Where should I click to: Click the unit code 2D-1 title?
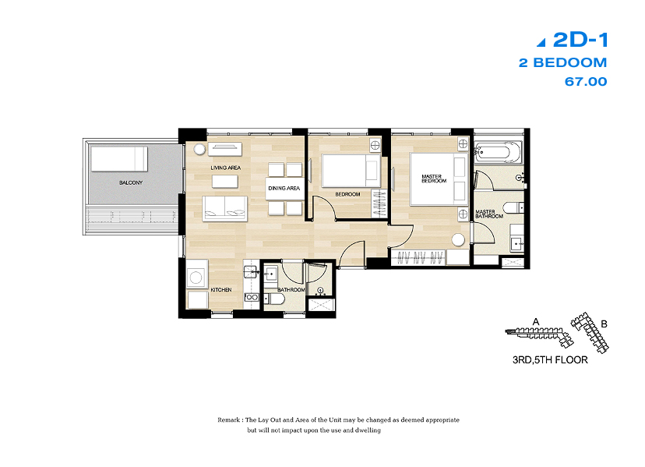(x=580, y=40)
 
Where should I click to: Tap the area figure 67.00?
(x=586, y=82)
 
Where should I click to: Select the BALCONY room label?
(x=131, y=182)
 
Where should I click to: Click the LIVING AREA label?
(x=225, y=168)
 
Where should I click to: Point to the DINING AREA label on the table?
(x=284, y=188)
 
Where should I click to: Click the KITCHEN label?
(x=221, y=289)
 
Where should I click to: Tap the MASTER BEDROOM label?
(x=434, y=179)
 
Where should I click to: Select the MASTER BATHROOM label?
(x=489, y=214)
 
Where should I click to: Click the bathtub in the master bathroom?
(x=498, y=152)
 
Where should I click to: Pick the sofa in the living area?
(x=224, y=208)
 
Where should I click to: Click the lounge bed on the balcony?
(x=119, y=158)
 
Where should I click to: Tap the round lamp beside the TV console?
(x=199, y=149)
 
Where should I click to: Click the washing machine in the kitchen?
(x=196, y=278)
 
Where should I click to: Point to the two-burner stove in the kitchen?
(x=252, y=297)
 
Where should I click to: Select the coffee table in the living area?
(x=225, y=182)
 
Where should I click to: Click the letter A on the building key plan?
(x=536, y=322)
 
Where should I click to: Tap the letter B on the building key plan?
(x=604, y=324)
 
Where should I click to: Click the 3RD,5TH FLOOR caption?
(x=550, y=360)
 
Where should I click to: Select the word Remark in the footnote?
(x=229, y=420)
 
